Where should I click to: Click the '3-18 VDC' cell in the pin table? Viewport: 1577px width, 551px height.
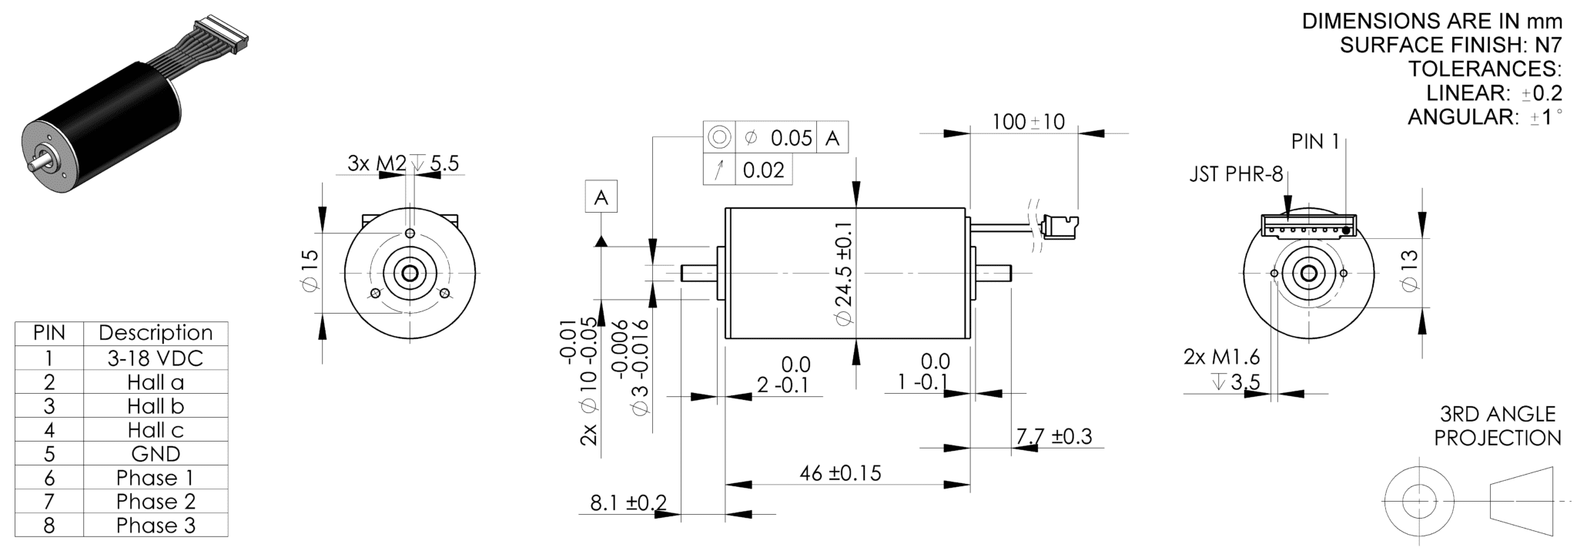tap(156, 358)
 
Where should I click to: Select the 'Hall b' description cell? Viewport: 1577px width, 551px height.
tap(156, 406)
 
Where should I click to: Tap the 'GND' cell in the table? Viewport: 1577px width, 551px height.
tap(156, 454)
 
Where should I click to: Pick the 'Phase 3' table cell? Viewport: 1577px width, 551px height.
tap(156, 526)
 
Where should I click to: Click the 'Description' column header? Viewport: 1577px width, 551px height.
tap(156, 333)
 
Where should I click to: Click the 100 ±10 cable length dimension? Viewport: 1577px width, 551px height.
tap(1028, 122)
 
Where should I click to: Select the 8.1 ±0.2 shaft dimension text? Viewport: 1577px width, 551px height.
tap(628, 503)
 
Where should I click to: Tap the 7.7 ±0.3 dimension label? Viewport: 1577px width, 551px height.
tap(1054, 436)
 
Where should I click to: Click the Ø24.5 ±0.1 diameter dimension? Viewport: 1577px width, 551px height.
tap(844, 274)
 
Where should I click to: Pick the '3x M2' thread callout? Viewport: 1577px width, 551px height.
tap(377, 163)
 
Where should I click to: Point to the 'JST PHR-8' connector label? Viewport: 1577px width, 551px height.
tap(1237, 175)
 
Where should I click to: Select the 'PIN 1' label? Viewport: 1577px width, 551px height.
tap(1315, 142)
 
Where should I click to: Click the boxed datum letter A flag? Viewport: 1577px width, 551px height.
tap(601, 197)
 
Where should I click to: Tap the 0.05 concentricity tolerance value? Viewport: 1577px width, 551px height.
tap(792, 138)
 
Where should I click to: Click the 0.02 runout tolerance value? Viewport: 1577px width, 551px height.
tap(763, 170)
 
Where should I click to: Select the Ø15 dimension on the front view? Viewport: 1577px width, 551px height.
tap(310, 271)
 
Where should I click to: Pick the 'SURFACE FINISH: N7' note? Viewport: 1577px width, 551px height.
tap(1451, 45)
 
